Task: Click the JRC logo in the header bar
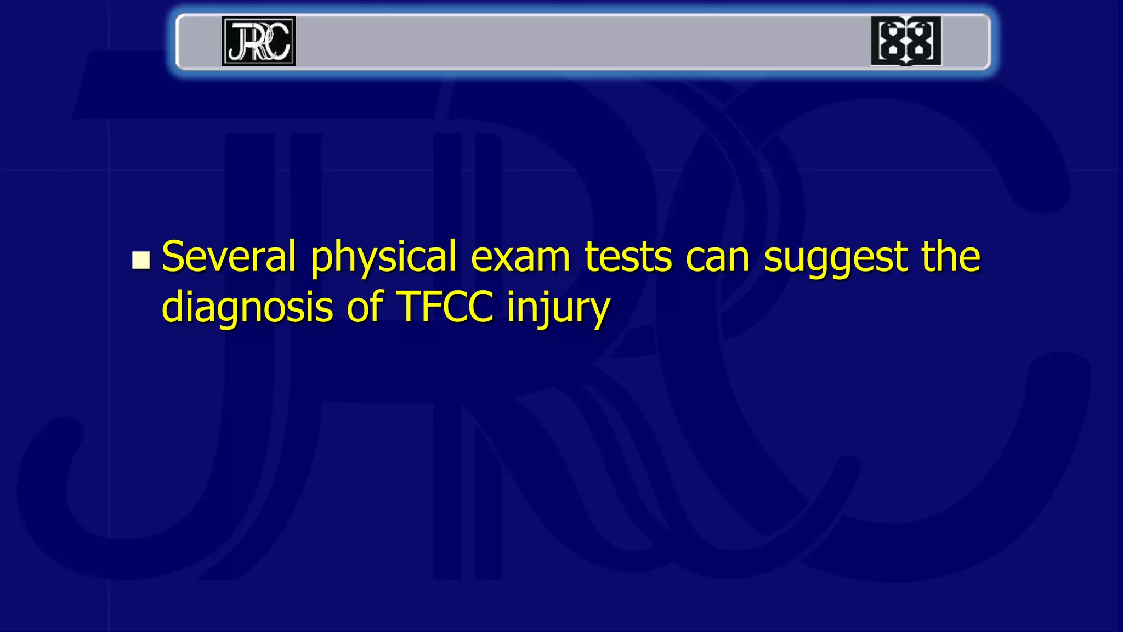pyautogui.click(x=258, y=41)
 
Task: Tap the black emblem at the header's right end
pyautogui.click(x=905, y=41)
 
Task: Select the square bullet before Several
pyautogui.click(x=141, y=260)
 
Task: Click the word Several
pyautogui.click(x=229, y=256)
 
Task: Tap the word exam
pyautogui.click(x=520, y=257)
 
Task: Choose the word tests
pyautogui.click(x=628, y=257)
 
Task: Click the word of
pyautogui.click(x=365, y=307)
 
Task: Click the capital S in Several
pyautogui.click(x=175, y=256)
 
